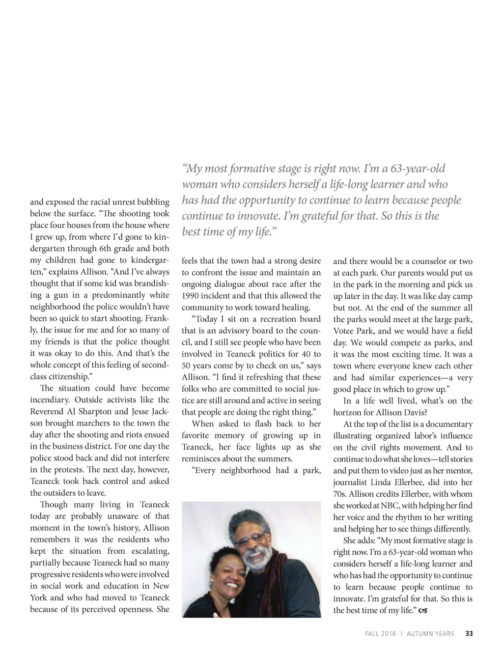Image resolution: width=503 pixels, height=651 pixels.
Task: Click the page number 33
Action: pos(469,634)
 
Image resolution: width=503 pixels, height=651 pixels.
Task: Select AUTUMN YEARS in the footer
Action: pos(431,634)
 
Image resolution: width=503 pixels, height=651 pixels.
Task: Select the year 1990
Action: pos(191,296)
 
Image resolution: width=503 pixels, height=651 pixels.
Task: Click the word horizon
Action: pos(348,413)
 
